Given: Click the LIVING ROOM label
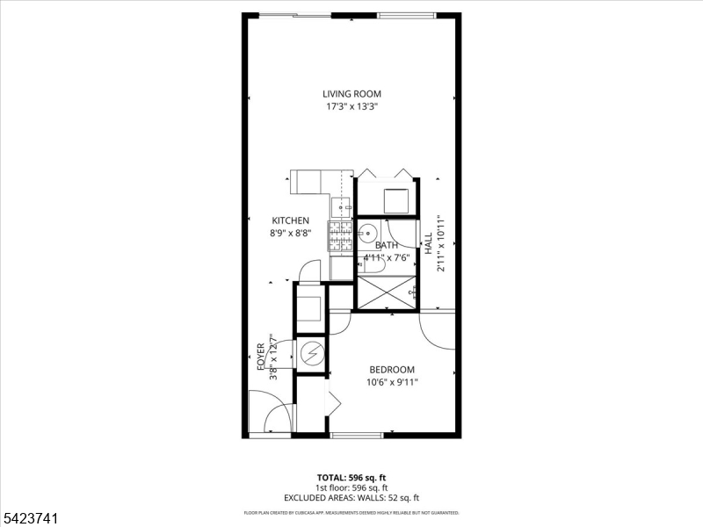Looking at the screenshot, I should (351, 94).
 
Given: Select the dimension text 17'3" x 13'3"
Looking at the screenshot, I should (351, 107).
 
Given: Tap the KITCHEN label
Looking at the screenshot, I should (290, 220).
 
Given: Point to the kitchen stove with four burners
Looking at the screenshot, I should (340, 235).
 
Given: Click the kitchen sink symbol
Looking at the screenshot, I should (342, 207).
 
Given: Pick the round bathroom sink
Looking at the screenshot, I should (368, 234).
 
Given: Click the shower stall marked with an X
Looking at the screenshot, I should (385, 292).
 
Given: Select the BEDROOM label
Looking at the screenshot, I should (391, 370).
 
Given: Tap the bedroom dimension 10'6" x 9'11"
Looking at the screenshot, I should (391, 382).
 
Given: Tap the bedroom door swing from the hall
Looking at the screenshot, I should (438, 329).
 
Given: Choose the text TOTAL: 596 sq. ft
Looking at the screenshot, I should (351, 477).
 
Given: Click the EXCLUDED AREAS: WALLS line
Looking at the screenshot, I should (351, 497).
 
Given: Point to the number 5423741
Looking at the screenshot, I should (30, 519).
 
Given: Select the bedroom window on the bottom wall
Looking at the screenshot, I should (356, 435).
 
